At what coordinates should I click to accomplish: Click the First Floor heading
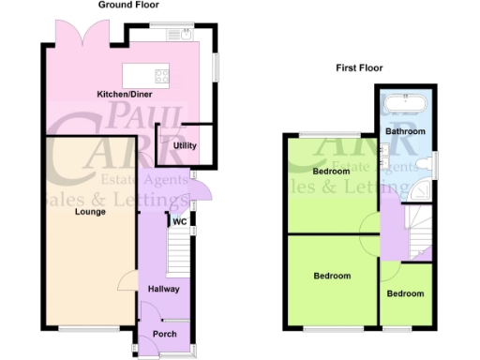coord(358,67)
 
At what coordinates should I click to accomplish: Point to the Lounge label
coord(90,212)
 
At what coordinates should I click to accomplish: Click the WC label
coord(179,222)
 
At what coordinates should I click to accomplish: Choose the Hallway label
coord(163,289)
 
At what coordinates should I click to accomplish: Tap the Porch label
coord(163,334)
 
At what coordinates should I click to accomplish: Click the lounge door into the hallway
coord(127,281)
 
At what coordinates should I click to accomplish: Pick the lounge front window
coord(88,327)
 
